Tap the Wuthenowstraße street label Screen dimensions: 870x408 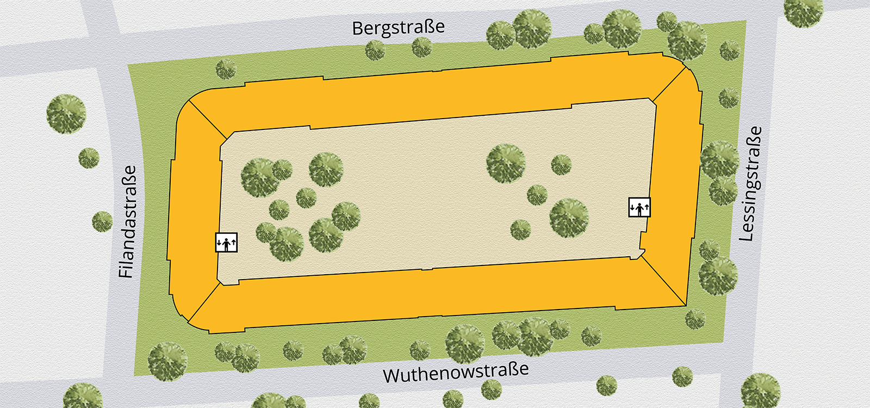point(456,373)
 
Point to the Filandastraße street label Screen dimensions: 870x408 point(127,222)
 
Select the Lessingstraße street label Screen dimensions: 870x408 point(750,184)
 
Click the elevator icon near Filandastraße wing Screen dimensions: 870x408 point(226,242)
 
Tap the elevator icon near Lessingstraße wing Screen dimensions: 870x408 point(639,207)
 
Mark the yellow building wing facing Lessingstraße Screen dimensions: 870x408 point(674,185)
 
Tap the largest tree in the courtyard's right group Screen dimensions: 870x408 point(569,218)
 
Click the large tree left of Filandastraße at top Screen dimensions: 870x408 point(66,114)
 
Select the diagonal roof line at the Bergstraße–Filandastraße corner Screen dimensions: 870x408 point(208,119)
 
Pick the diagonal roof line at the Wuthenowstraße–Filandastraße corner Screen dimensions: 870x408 point(204,302)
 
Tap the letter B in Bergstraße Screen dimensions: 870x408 point(358,29)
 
